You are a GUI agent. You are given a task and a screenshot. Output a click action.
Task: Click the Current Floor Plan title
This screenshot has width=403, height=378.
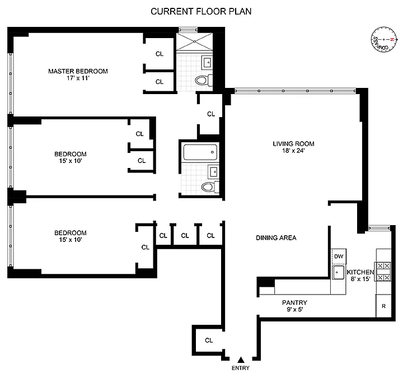click(x=201, y=12)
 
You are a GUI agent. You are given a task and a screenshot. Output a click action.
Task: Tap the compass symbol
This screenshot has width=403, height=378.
click(x=384, y=40)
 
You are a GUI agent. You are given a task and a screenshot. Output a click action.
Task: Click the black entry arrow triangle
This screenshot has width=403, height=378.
click(x=241, y=360)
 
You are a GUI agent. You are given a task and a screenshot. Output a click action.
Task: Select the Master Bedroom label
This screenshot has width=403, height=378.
click(x=78, y=71)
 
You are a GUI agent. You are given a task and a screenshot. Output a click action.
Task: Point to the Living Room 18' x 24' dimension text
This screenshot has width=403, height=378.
click(x=293, y=151)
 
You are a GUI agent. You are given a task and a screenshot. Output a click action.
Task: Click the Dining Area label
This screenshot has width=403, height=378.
click(x=276, y=238)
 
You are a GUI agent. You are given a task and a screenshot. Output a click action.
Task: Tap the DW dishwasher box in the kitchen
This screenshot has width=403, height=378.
click(x=339, y=256)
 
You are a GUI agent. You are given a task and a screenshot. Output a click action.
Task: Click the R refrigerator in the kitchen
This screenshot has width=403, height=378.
click(x=383, y=306)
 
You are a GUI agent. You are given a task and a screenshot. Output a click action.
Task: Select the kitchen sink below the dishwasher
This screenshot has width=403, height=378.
click(x=338, y=273)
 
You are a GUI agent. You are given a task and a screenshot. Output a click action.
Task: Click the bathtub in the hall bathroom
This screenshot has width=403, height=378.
click(x=200, y=152)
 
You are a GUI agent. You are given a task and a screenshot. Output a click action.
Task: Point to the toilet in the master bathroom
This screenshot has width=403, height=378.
click(x=204, y=80)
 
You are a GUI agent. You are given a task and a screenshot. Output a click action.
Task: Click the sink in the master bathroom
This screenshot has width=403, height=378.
click(x=207, y=62)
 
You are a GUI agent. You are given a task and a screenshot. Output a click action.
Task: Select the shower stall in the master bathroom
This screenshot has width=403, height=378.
click(x=195, y=41)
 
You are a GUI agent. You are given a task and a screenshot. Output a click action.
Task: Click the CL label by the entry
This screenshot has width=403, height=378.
click(x=209, y=340)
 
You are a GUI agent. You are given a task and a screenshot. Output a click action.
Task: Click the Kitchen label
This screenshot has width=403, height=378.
click(x=360, y=272)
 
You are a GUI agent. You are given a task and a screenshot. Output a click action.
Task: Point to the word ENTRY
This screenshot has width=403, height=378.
click(x=241, y=368)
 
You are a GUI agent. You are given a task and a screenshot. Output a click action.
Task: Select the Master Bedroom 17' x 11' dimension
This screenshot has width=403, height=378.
click(x=78, y=78)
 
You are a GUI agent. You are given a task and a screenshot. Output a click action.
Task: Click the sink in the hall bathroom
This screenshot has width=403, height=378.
click(x=214, y=171)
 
